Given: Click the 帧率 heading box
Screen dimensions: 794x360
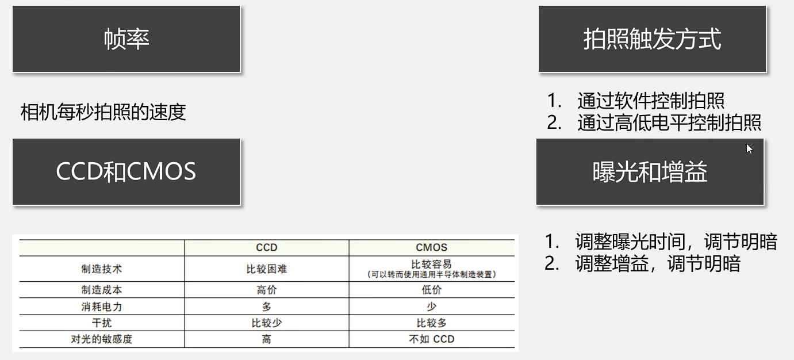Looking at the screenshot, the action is [126, 39].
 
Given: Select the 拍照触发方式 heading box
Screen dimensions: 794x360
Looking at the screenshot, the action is [652, 39].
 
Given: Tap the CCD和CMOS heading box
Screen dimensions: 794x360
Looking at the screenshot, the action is [126, 171].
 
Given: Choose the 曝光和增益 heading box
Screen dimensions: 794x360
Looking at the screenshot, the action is [650, 171].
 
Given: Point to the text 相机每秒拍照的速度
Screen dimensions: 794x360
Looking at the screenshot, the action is [103, 112].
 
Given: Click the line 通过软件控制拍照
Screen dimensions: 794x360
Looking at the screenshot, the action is [650, 101].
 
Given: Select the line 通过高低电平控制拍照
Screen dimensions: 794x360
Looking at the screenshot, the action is [669, 122].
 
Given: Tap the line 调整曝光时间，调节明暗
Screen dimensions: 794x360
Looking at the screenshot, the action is [676, 242].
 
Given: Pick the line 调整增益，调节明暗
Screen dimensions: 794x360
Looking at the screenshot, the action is [657, 263].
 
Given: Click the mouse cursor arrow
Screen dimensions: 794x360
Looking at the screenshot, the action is [749, 148].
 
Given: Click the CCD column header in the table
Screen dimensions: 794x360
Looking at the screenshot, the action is [266, 247].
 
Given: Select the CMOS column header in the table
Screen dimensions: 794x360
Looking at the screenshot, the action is [431, 247].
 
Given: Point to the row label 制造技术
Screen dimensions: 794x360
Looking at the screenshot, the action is [102, 269].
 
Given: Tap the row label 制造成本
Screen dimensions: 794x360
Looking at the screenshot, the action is [102, 290].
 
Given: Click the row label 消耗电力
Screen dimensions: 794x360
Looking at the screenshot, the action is [102, 307].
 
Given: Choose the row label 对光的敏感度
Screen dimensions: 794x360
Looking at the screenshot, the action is [102, 339].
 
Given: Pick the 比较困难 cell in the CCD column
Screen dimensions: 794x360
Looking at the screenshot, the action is [266, 269].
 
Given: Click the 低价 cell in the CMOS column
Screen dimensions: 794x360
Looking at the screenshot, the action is [431, 290].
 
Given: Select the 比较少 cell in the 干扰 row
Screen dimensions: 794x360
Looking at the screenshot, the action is [266, 323].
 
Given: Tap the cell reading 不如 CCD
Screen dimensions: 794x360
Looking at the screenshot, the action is [431, 339].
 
